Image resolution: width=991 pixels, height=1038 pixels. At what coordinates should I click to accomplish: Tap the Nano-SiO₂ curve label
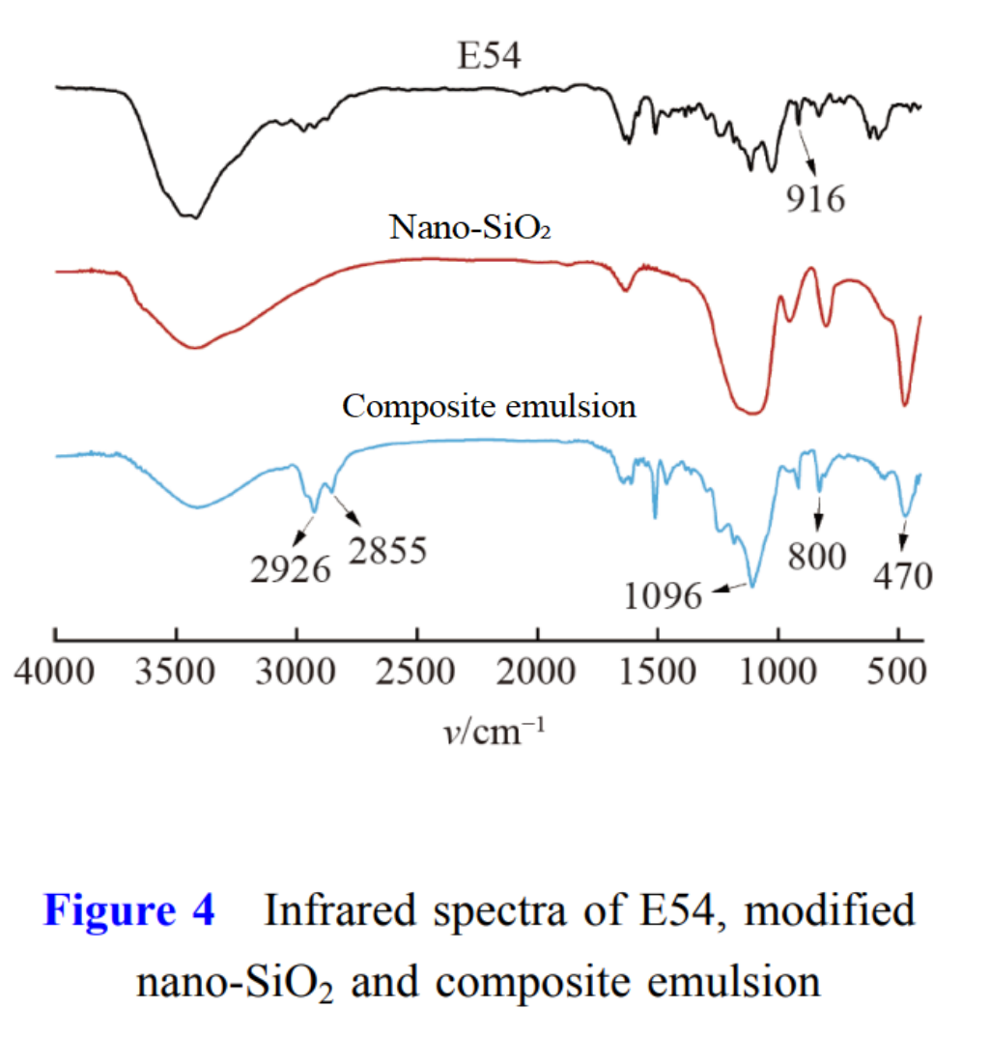tap(469, 227)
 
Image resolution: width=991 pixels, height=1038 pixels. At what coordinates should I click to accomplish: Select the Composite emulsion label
tap(489, 406)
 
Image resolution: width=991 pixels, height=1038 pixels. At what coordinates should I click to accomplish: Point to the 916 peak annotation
tap(815, 199)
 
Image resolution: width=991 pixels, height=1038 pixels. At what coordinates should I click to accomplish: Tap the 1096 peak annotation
tap(662, 595)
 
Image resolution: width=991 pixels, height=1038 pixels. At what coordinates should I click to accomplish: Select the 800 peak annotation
tap(819, 556)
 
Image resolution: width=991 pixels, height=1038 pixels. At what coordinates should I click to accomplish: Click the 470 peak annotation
tap(902, 576)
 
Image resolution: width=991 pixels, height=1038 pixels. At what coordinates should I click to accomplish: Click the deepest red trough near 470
tap(905, 404)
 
